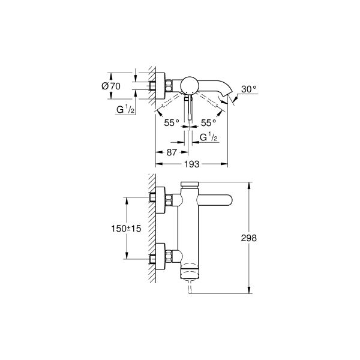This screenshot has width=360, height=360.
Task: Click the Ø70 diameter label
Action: [x=112, y=86]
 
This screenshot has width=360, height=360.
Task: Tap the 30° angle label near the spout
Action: [x=248, y=89]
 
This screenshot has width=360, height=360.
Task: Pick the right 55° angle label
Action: [x=209, y=122]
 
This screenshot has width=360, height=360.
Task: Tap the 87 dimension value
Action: [x=172, y=152]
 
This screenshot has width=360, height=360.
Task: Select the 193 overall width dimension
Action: [x=191, y=163]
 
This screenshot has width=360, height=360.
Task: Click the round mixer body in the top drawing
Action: [x=191, y=85]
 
